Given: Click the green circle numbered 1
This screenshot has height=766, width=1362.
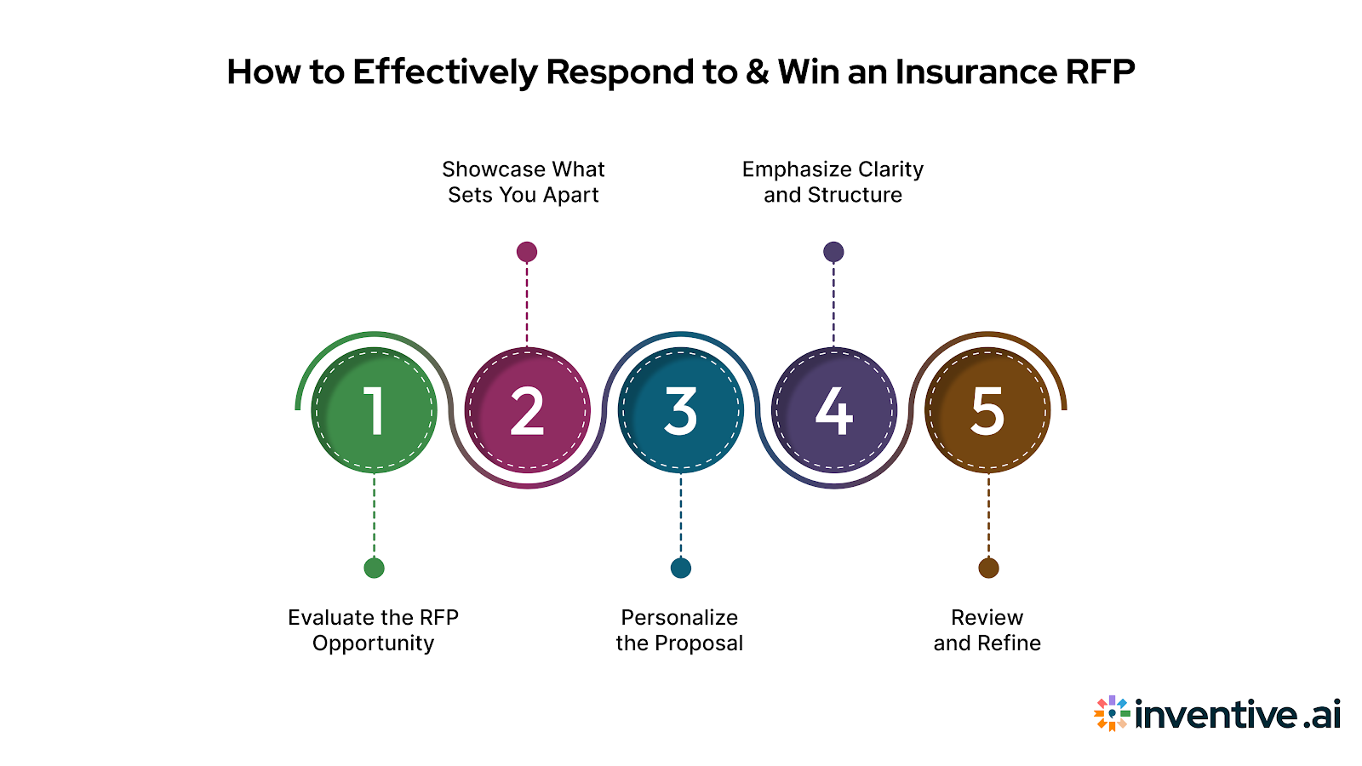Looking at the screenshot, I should tap(374, 410).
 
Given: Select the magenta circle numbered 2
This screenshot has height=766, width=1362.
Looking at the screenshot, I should tap(527, 410).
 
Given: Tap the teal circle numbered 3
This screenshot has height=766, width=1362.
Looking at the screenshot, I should tap(680, 410).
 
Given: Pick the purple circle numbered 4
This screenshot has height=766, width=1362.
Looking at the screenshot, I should tap(833, 410).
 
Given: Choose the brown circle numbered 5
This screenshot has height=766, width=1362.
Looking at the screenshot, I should tap(987, 410).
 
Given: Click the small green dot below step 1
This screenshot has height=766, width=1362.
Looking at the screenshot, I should tap(374, 568).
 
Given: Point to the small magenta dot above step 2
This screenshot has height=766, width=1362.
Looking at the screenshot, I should tap(527, 252).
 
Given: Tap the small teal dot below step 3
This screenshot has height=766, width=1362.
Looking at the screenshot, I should tap(680, 568).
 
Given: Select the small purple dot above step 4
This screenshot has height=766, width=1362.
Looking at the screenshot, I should tap(833, 252).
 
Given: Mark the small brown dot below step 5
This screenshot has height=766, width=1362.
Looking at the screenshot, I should tap(988, 568).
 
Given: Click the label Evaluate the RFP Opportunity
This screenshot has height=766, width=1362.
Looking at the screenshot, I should tap(373, 630).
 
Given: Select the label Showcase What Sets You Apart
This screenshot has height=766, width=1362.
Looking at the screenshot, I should tap(524, 182).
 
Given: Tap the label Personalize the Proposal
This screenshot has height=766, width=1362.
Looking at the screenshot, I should tap(679, 630).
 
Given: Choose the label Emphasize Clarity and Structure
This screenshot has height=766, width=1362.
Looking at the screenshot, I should tap(833, 182).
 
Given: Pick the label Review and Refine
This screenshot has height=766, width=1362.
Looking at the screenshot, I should tap(987, 630).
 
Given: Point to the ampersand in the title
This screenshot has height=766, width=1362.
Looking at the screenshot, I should tap(757, 72).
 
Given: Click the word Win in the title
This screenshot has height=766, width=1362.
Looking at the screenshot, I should tap(808, 72).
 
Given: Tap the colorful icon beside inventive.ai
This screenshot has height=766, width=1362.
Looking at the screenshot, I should tap(1112, 713).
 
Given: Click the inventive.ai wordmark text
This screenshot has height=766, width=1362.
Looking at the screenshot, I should tap(1238, 713).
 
